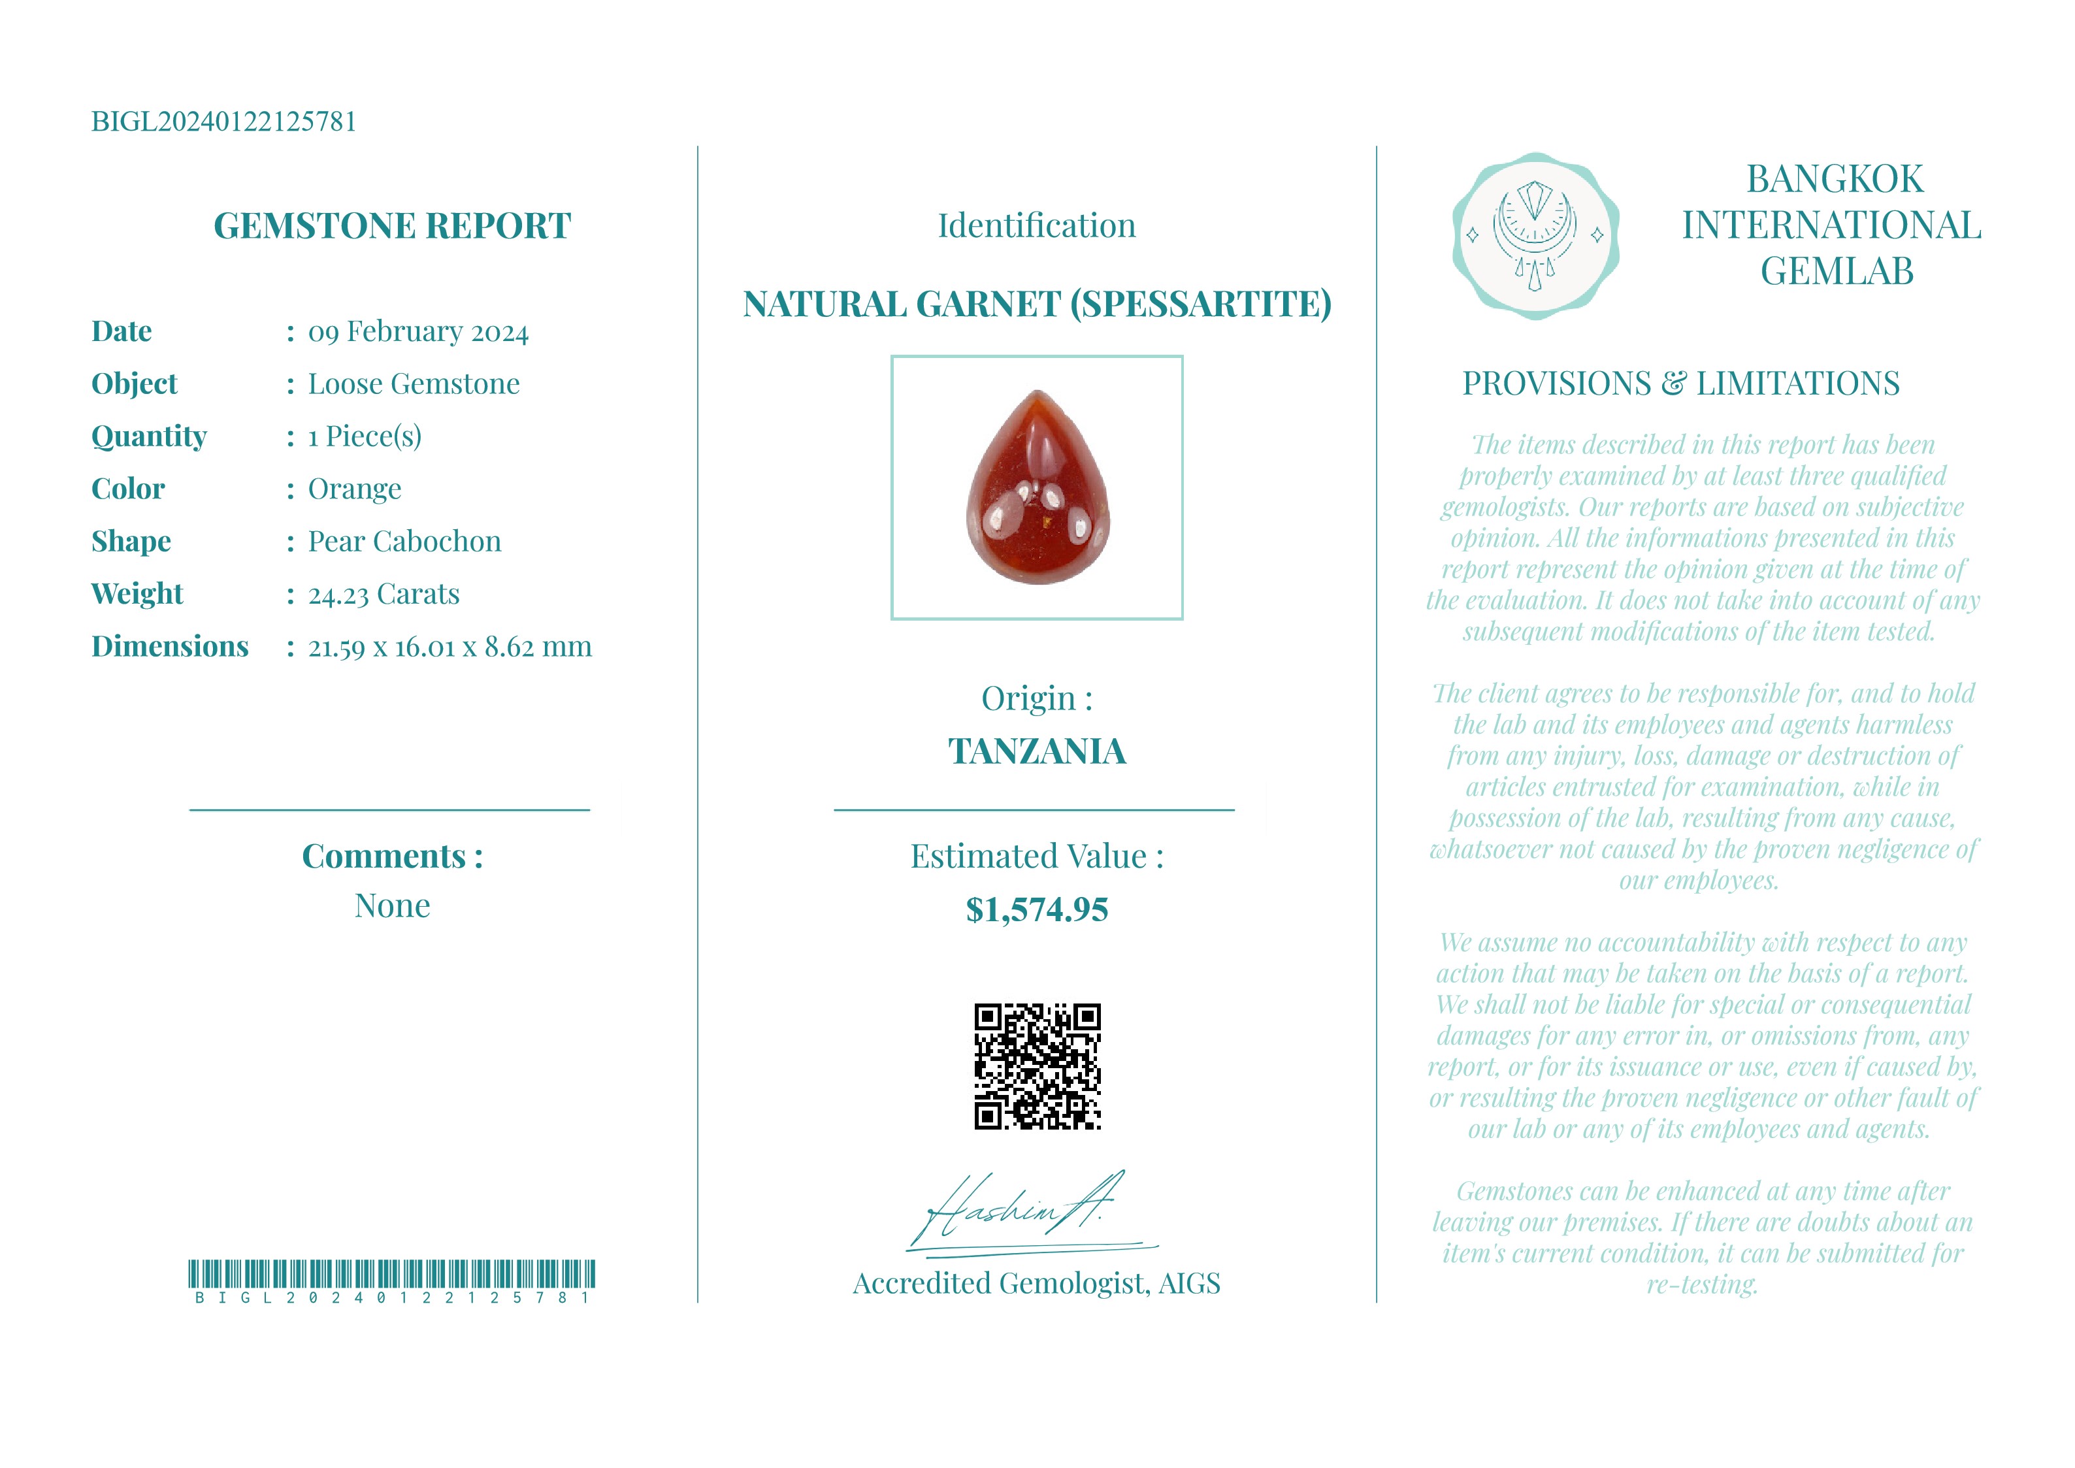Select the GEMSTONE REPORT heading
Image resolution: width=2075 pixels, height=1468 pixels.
[x=391, y=226]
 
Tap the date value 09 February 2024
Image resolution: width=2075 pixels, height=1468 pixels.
[x=417, y=332]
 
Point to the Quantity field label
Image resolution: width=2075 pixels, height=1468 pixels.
[x=149, y=436]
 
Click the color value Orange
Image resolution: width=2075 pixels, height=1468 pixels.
[x=354, y=489]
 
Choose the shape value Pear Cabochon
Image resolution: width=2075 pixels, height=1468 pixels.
[x=404, y=542]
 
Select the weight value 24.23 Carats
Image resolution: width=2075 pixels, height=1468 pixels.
[x=384, y=594]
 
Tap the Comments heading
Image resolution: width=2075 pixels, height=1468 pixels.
[x=391, y=856]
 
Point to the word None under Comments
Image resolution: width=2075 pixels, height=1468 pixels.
[x=391, y=905]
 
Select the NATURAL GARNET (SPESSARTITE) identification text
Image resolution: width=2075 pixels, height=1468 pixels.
[x=1037, y=304]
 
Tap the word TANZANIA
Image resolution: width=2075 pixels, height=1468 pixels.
[x=1037, y=751]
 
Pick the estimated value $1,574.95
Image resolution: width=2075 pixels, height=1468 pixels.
[x=1037, y=909]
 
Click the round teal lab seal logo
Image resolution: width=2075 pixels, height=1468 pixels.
[x=1535, y=236]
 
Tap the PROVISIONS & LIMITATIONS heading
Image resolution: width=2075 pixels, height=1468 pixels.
[x=1680, y=383]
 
